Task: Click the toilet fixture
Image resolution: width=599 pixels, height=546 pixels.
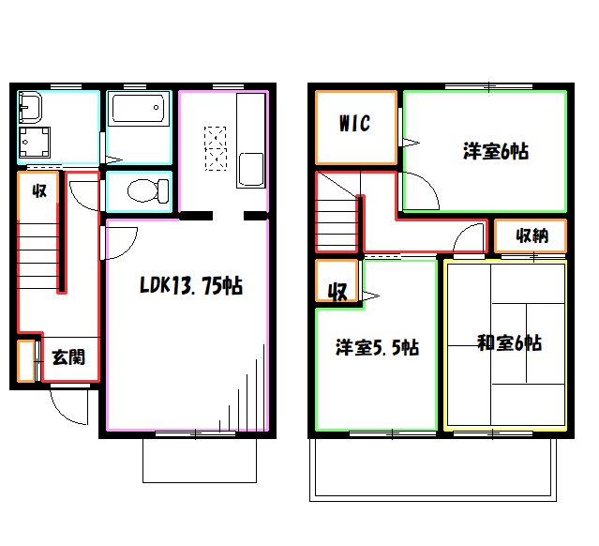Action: [148, 190]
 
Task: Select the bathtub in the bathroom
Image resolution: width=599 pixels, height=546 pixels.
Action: [139, 109]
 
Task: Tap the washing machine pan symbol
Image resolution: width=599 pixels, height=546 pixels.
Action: [35, 143]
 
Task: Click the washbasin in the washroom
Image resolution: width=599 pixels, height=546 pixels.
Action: [30, 108]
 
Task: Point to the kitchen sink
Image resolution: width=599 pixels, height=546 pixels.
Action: [250, 170]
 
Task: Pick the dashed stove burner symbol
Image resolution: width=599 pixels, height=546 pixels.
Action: [216, 148]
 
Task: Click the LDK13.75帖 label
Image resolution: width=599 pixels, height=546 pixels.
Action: [191, 285]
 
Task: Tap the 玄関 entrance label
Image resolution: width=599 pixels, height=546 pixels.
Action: [68, 357]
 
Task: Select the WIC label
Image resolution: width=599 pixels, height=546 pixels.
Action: [354, 123]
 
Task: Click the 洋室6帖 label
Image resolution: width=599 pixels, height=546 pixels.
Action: [496, 151]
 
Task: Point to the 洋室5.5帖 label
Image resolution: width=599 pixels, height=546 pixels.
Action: [377, 347]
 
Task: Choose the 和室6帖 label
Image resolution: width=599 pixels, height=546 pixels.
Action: [509, 342]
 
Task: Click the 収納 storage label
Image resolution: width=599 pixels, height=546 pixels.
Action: [532, 235]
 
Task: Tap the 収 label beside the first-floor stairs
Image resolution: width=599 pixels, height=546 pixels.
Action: [39, 190]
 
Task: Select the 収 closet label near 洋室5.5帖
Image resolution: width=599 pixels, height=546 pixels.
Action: [337, 292]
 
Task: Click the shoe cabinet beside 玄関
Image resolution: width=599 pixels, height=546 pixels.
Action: [26, 361]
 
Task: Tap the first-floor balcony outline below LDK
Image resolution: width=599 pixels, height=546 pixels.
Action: [200, 482]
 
